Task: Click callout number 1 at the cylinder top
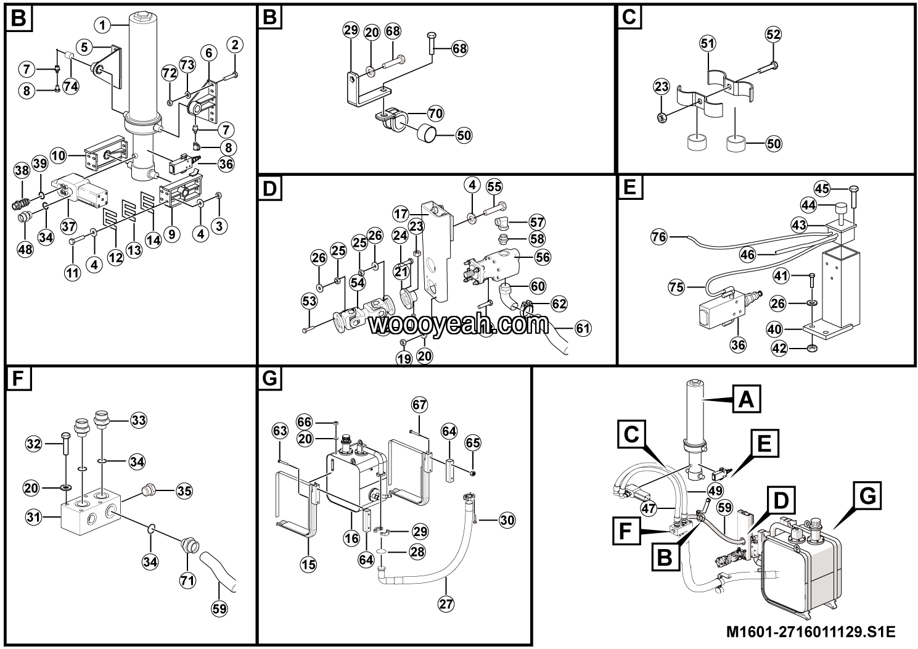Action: [102, 25]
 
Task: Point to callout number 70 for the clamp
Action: [435, 113]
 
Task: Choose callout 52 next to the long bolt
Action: [773, 34]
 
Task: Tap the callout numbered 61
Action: [583, 328]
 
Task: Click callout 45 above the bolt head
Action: [822, 188]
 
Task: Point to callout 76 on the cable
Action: [660, 236]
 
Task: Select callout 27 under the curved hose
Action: [445, 605]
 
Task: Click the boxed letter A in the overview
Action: [746, 400]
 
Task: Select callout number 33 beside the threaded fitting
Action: [138, 420]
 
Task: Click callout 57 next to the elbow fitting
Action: [537, 222]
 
